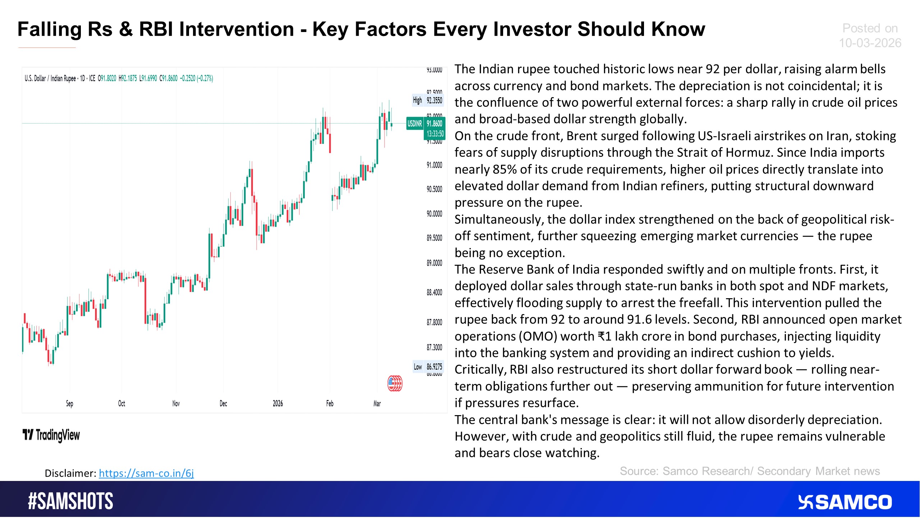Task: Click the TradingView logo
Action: click(x=51, y=435)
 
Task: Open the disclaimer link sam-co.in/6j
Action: click(x=146, y=473)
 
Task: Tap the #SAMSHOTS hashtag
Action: click(x=70, y=501)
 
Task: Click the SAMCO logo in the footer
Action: click(x=845, y=502)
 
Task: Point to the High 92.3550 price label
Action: click(x=428, y=100)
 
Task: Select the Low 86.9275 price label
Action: click(x=428, y=367)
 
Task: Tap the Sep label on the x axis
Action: click(x=69, y=404)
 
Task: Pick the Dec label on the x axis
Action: click(x=223, y=404)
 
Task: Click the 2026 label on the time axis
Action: click(x=278, y=404)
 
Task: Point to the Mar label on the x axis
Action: click(x=377, y=404)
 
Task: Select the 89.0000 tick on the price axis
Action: click(x=434, y=263)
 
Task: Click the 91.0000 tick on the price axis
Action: click(x=434, y=165)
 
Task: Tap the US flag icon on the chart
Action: click(x=395, y=383)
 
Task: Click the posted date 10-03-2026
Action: click(x=870, y=43)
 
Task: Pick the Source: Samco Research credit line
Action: click(x=750, y=471)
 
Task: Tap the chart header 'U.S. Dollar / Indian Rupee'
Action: click(x=50, y=78)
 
